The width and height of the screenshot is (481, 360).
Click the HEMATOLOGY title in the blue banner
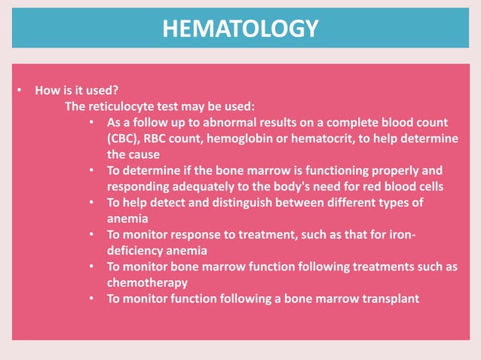tap(240, 29)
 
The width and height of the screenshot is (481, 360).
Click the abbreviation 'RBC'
tap(167, 138)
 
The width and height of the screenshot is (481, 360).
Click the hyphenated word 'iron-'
tap(400, 234)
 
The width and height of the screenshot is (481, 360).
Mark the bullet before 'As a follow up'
tap(91, 122)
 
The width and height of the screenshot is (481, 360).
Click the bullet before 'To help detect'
tap(91, 203)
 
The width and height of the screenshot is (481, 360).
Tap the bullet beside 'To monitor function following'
tap(91, 299)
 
